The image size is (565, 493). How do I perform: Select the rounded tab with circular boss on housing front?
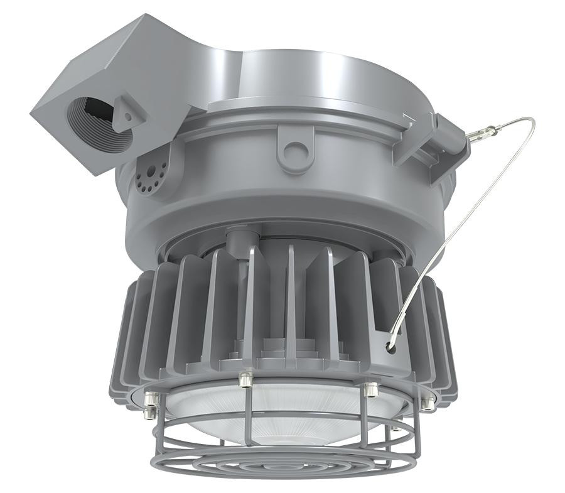[294, 148]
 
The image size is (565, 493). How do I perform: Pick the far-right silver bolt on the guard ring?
[428, 403]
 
